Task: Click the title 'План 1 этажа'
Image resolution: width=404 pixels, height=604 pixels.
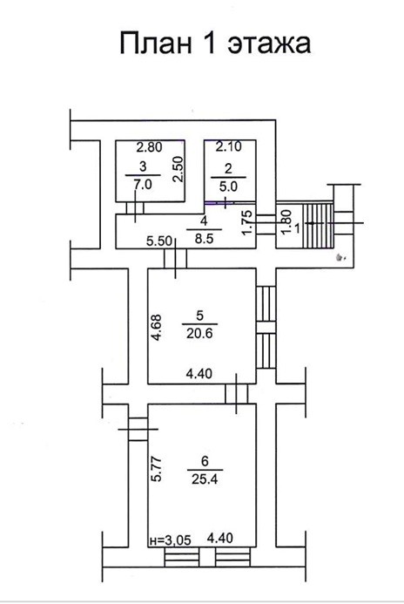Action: click(215, 43)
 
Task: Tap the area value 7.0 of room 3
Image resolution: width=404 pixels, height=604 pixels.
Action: click(143, 185)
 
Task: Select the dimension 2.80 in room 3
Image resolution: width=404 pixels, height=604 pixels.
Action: click(150, 146)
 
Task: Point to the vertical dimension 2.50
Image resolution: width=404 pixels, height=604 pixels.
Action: click(178, 169)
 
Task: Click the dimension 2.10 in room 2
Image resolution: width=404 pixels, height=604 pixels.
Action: click(228, 146)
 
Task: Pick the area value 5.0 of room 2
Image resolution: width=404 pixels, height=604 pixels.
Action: click(228, 187)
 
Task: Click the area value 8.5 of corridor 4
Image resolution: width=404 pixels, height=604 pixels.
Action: click(204, 239)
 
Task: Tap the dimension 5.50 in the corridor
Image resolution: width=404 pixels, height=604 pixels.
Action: click(159, 241)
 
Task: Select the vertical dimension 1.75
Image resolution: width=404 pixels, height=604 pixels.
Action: click(249, 222)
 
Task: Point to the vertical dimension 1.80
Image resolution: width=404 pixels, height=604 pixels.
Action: click(285, 222)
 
